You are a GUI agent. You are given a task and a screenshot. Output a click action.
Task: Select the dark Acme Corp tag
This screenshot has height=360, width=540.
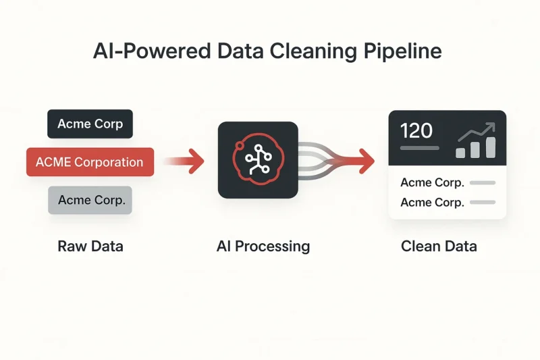pyautogui.click(x=90, y=124)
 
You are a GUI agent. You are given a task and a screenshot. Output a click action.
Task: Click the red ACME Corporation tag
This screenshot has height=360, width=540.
pyautogui.click(x=90, y=162)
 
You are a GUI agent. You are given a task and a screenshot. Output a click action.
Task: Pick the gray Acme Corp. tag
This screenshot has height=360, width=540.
pyautogui.click(x=90, y=200)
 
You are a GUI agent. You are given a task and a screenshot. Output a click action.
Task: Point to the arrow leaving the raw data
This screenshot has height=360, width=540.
pyautogui.click(x=184, y=161)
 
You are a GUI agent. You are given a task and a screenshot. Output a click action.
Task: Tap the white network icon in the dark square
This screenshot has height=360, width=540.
pyautogui.click(x=259, y=159)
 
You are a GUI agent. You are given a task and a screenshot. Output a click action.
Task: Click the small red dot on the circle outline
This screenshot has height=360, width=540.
pyautogui.click(x=239, y=146)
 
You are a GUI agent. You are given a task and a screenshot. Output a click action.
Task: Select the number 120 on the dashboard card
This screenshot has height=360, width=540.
pyautogui.click(x=416, y=131)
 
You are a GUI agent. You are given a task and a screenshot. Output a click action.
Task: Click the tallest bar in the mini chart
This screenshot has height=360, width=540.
pyautogui.click(x=491, y=147)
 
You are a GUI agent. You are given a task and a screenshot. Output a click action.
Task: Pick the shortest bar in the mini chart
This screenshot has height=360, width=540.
pyautogui.click(x=460, y=153)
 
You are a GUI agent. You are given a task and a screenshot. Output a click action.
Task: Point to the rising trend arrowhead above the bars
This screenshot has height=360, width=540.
pyautogui.click(x=491, y=127)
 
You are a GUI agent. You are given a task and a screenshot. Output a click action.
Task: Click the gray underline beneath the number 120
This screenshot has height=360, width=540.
pyautogui.click(x=419, y=148)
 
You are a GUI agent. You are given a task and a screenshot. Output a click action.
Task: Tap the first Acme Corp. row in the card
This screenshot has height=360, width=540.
pyautogui.click(x=432, y=182)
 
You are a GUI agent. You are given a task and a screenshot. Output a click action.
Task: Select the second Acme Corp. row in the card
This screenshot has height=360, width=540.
pyautogui.click(x=432, y=202)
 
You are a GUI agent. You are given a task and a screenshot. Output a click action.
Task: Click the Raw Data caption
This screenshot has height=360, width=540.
pyautogui.click(x=90, y=247)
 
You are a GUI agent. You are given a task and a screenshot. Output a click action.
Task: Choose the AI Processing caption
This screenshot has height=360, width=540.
pyautogui.click(x=263, y=247)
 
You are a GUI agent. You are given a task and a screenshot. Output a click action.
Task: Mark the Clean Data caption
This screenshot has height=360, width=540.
pyautogui.click(x=439, y=247)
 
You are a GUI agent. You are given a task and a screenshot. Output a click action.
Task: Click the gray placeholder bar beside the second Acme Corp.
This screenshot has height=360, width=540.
pyautogui.click(x=483, y=202)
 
